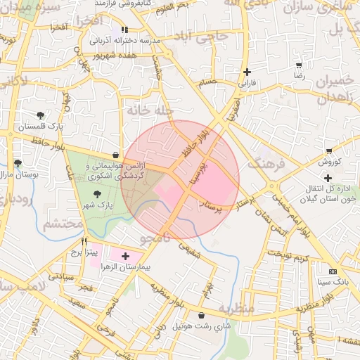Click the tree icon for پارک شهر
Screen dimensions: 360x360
click(96, 194)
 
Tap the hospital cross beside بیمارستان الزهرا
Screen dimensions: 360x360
click(126, 257)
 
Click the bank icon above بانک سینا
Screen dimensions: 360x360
click(333, 271)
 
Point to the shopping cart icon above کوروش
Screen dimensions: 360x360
click(328, 151)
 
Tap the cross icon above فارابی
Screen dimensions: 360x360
click(247, 72)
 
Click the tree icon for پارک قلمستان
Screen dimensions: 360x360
click(40, 115)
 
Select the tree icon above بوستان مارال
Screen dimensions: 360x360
click(16, 163)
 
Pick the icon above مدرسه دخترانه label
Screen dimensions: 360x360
click(124, 30)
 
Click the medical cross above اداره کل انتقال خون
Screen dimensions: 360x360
click(328, 178)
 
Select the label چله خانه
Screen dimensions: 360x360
click(165, 112)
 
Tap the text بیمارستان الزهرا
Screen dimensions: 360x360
click(157, 269)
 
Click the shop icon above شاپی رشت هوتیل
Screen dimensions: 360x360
click(202, 316)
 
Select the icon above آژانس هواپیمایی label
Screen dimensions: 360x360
click(115, 155)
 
